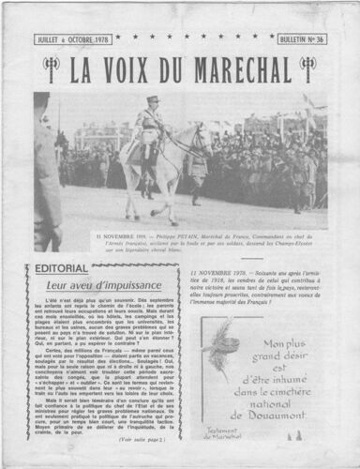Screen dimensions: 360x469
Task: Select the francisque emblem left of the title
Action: [51, 68]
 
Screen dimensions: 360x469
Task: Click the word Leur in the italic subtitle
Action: [59, 285]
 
